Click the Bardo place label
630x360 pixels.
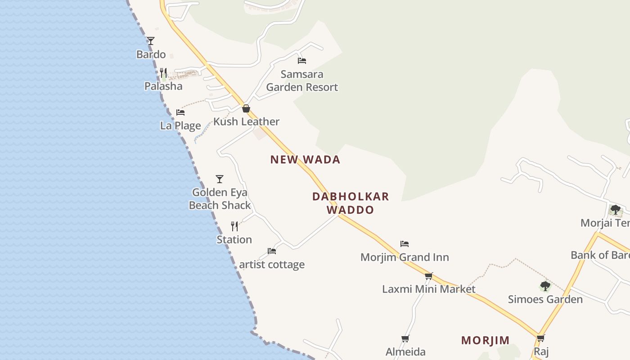[151, 54]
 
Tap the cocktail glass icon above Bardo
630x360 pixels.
[151, 41]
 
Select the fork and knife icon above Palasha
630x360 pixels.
[163, 72]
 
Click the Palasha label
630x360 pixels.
[163, 86]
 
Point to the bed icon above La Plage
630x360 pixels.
[180, 112]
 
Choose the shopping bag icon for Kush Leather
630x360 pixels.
[246, 108]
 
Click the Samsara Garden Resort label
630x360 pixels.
[302, 81]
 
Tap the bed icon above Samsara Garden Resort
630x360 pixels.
[302, 61]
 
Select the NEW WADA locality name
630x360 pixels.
[305, 159]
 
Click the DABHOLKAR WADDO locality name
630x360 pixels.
[351, 203]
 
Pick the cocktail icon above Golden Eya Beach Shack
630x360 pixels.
[220, 179]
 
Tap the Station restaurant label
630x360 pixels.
[234, 239]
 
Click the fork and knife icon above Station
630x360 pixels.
[234, 226]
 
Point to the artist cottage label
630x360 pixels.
[272, 264]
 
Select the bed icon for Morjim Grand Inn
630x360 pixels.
[405, 244]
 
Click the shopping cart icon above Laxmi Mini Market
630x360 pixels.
[428, 276]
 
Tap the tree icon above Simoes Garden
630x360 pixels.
[545, 286]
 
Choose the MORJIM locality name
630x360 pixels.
[485, 340]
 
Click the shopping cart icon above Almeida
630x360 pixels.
[405, 339]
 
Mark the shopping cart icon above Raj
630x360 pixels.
[540, 338]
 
